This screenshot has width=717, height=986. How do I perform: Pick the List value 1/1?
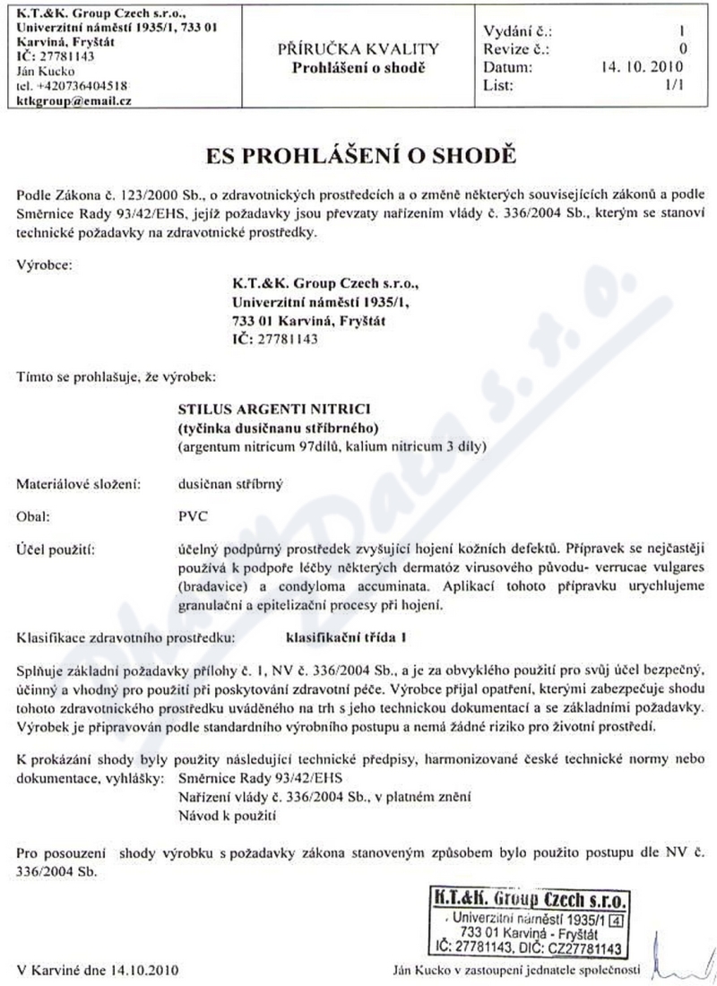(675, 85)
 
